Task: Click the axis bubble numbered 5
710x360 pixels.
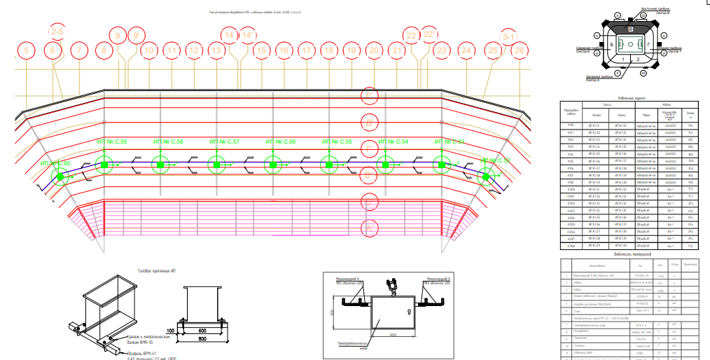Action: click(x=27, y=50)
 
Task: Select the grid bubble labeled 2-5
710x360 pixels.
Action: click(x=57, y=32)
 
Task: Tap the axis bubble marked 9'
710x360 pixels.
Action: click(x=136, y=35)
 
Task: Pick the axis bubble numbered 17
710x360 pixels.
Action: click(x=306, y=50)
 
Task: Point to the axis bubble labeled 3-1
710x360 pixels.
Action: click(x=509, y=36)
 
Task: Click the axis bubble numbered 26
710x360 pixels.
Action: click(x=518, y=50)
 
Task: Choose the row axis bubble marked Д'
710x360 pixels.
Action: click(x=368, y=123)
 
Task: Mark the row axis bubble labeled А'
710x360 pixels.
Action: click(x=368, y=228)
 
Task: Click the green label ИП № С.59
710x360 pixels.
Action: click(x=112, y=143)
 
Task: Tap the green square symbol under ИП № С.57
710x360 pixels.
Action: click(x=216, y=165)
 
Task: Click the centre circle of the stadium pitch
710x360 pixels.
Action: click(x=631, y=43)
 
